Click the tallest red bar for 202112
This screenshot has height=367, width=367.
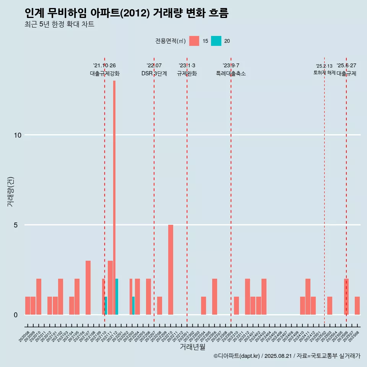(x=114, y=197)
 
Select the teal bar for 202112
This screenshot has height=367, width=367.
(x=117, y=297)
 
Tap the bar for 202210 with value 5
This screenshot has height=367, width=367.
(x=171, y=270)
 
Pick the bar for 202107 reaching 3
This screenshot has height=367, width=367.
(x=88, y=287)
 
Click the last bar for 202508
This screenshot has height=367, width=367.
(x=357, y=305)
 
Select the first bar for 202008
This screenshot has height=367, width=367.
(x=28, y=305)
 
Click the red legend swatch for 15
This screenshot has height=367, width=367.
(x=194, y=41)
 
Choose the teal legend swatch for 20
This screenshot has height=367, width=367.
(x=216, y=41)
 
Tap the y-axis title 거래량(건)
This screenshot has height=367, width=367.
(x=10, y=192)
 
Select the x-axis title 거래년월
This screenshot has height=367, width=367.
(x=193, y=347)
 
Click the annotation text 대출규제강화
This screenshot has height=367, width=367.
(x=105, y=73)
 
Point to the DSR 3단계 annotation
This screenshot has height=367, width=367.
(x=154, y=73)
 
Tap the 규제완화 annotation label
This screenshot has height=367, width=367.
(x=187, y=73)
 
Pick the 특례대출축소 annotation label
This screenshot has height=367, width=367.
(x=231, y=73)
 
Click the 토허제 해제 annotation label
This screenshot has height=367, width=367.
(x=325, y=73)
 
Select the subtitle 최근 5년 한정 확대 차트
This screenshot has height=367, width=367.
(x=59, y=24)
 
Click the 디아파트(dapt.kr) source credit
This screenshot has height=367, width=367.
(x=237, y=356)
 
